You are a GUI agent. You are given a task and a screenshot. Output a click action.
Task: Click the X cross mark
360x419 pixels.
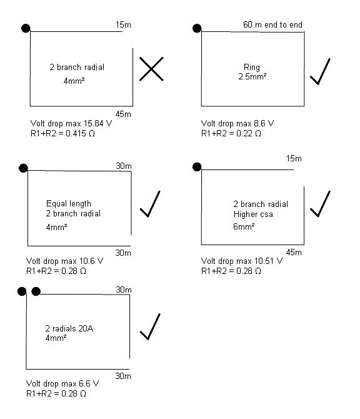[x=151, y=69]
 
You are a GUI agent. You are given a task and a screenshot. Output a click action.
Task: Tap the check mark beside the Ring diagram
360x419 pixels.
[x=319, y=73]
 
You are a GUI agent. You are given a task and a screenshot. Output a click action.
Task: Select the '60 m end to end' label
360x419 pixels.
[x=272, y=24]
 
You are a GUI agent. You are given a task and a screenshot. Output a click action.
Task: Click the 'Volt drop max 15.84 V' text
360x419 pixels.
[x=71, y=123]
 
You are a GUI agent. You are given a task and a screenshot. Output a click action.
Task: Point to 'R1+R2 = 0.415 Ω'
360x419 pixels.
[x=62, y=133]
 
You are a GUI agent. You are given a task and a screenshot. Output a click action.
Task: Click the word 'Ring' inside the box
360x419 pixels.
[x=252, y=67]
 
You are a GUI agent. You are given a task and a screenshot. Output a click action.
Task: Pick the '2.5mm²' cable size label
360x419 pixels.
[x=252, y=76]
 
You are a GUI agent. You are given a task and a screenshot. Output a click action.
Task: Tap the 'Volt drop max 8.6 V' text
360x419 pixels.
[x=237, y=123]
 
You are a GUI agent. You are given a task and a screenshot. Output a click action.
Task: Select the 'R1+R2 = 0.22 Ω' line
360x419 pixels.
[x=231, y=133]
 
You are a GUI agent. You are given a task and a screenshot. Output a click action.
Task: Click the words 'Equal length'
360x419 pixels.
[x=69, y=204]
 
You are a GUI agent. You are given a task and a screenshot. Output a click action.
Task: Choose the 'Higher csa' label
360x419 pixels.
[x=253, y=214]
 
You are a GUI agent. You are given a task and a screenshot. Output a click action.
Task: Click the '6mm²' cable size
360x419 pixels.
[x=244, y=226]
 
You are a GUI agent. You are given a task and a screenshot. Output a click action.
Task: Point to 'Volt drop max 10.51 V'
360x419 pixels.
[x=242, y=261]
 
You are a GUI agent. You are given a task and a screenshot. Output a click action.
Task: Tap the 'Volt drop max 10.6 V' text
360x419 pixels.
[x=64, y=261]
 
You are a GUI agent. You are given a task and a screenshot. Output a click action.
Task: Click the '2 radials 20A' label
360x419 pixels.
[x=69, y=328]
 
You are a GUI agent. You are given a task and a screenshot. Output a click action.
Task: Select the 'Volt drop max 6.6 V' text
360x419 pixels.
[x=62, y=384]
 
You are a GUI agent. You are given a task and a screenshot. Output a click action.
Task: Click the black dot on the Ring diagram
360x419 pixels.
[x=197, y=28]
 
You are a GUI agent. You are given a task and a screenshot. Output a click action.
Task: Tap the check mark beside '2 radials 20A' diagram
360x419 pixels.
[x=150, y=326]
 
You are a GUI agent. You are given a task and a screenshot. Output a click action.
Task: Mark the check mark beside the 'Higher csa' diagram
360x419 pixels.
[x=320, y=204]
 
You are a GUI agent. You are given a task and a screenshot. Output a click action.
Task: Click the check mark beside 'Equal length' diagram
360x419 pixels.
[x=150, y=204]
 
